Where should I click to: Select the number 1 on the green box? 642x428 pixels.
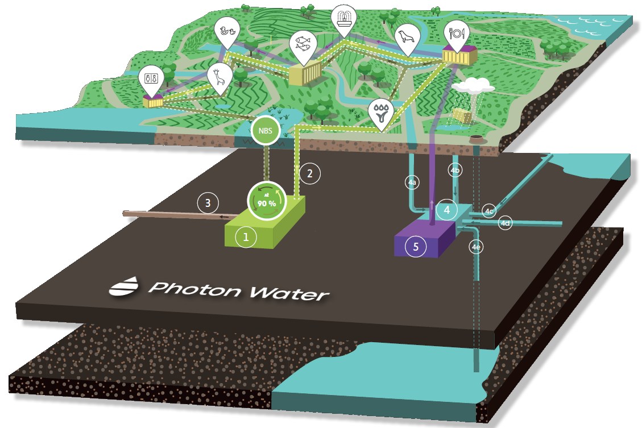[x=246, y=237]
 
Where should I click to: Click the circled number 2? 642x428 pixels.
[x=309, y=174]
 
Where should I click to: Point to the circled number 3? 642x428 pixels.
[x=208, y=202]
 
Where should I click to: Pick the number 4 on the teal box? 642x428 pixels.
[x=448, y=210]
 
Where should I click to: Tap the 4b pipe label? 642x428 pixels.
[x=455, y=170]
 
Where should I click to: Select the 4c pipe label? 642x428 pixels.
[x=489, y=211]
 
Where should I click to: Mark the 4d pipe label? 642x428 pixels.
[x=505, y=223]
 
